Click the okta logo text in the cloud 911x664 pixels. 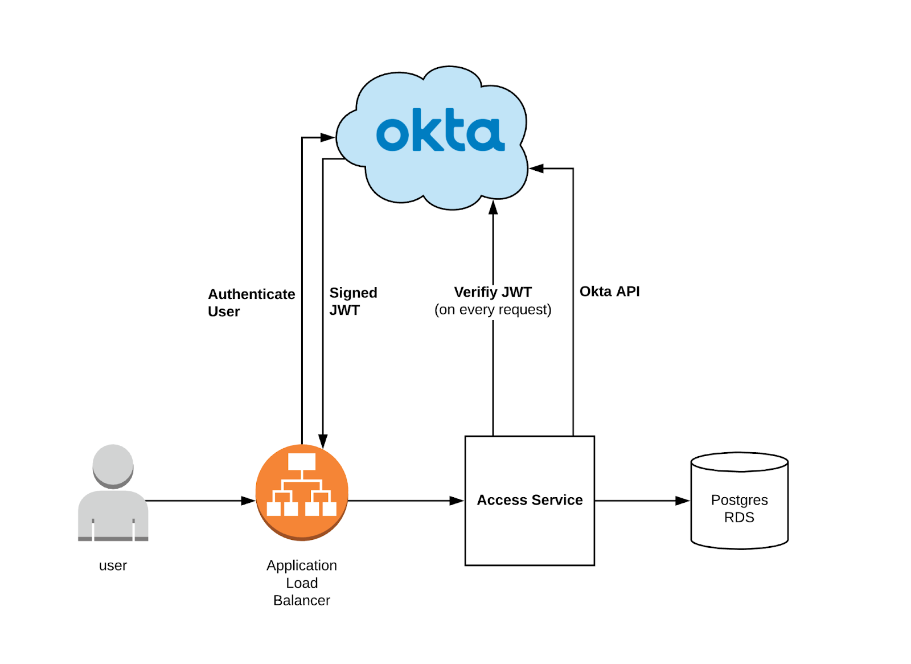pyautogui.click(x=440, y=131)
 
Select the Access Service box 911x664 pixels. pyautogui.click(x=530, y=530)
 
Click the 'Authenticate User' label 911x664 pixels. pyautogui.click(x=251, y=302)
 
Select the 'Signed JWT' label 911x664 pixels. pyautogui.click(x=352, y=301)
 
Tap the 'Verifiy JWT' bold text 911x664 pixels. pyautogui.click(x=493, y=292)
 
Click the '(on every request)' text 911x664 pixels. pyautogui.click(x=493, y=310)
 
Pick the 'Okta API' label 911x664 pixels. pyautogui.click(x=609, y=292)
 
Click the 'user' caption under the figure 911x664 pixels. pyautogui.click(x=113, y=565)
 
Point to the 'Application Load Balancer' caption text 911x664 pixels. pyautogui.click(x=302, y=583)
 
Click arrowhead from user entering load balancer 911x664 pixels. pyautogui.click(x=248, y=501)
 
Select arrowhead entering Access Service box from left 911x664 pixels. pyautogui.click(x=457, y=501)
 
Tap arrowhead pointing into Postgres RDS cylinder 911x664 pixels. pyautogui.click(x=683, y=501)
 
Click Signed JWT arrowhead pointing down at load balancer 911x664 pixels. pyautogui.click(x=323, y=441)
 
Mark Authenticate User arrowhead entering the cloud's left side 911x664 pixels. pyautogui.click(x=327, y=137)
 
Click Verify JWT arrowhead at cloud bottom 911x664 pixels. pyautogui.click(x=493, y=207)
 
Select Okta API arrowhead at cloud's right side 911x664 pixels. pyautogui.click(x=536, y=169)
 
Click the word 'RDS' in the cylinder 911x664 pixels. pyautogui.click(x=739, y=518)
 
